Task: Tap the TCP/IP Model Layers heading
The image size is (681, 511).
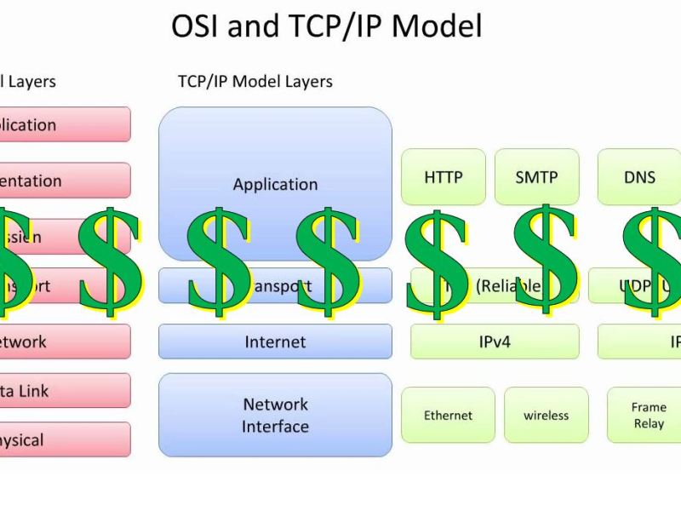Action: [255, 82]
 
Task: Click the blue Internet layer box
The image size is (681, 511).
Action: [275, 342]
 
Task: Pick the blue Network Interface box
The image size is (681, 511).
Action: [275, 415]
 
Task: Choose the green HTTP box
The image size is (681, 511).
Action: [443, 177]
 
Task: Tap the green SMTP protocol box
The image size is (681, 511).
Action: [536, 177]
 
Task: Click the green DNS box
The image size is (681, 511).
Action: [639, 177]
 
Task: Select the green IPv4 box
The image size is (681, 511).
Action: [495, 342]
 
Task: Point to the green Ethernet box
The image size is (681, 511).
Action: [448, 416]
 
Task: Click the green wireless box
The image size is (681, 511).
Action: [546, 416]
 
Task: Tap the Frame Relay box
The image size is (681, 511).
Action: [647, 416]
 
